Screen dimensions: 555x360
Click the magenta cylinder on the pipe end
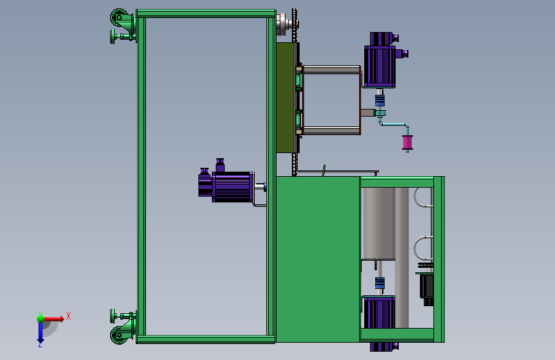point(407,142)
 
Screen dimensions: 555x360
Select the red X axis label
point(68,316)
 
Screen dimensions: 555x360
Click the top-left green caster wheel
point(119,17)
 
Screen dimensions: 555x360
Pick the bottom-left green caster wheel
point(119,335)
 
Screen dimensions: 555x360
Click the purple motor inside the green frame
point(227,185)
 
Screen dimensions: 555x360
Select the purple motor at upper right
point(383,61)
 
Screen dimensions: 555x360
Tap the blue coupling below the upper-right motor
point(380,101)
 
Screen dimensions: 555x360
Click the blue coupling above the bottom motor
point(380,283)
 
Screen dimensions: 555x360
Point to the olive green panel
point(286,98)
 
